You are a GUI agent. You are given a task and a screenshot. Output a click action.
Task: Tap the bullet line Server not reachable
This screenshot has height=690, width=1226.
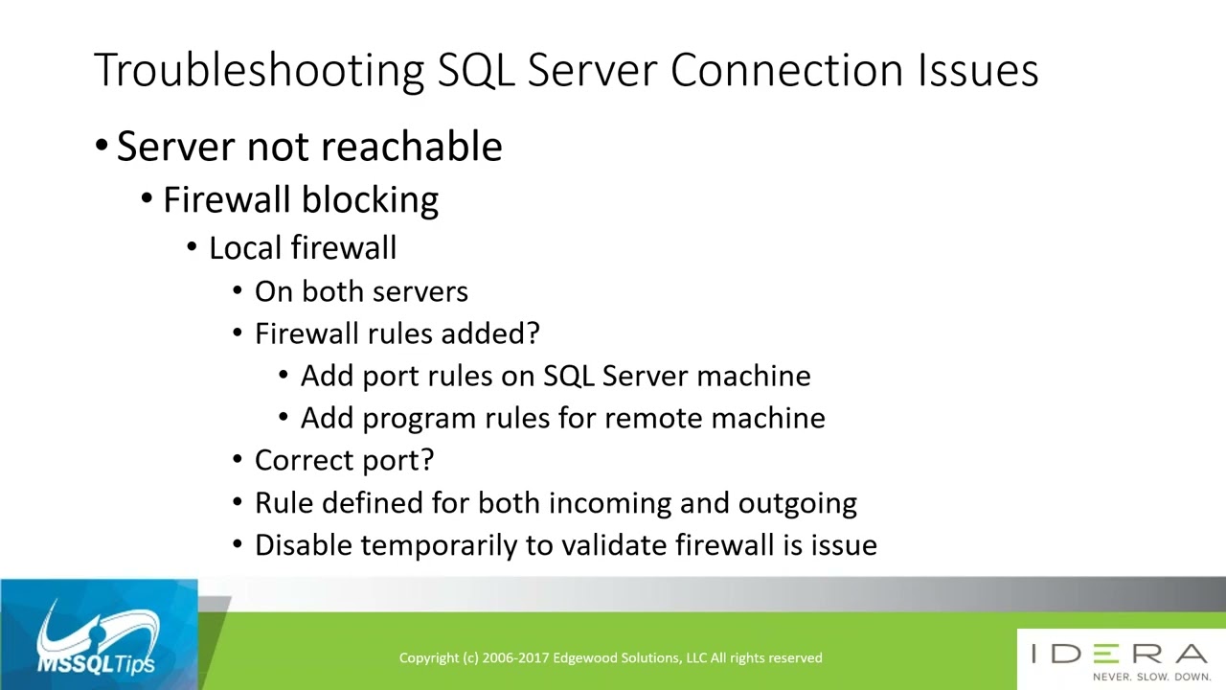[308, 147]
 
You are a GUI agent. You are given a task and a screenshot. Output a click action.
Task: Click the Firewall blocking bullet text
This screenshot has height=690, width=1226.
[300, 199]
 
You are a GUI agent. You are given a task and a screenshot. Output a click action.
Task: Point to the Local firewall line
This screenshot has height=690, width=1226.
[302, 248]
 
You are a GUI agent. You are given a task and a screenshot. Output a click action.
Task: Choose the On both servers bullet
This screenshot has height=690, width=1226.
[361, 291]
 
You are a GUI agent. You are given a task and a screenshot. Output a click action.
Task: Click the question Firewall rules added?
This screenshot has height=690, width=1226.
[397, 333]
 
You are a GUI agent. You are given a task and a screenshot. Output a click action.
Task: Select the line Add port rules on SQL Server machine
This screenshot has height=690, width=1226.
[555, 376]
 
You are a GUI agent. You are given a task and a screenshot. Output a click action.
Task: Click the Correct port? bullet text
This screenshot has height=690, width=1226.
[344, 460]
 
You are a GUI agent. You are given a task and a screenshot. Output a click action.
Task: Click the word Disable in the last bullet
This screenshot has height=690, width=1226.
[304, 545]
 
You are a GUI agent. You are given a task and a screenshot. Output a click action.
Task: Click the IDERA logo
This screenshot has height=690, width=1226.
[1119, 654]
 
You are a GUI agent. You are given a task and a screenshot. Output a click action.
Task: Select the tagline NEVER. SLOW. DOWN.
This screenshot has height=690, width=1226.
[1151, 677]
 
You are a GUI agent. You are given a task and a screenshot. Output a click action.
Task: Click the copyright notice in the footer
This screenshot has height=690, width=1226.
[610, 657]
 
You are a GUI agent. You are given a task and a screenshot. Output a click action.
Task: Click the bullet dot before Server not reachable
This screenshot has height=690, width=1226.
[102, 147]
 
